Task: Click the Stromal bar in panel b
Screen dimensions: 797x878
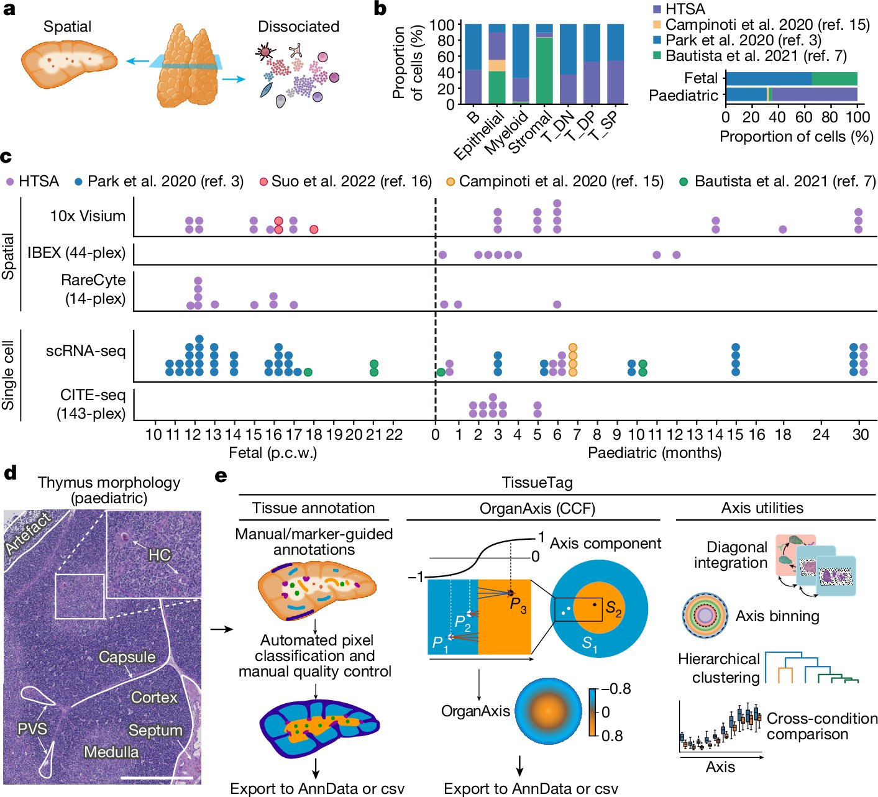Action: click(x=544, y=68)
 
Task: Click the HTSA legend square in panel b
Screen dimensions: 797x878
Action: click(x=657, y=9)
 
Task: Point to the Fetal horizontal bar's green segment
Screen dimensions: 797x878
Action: click(x=834, y=78)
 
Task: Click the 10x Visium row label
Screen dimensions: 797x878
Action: click(x=88, y=216)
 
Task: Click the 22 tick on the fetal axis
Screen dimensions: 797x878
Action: click(x=394, y=434)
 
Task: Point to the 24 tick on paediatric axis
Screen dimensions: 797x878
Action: click(x=821, y=434)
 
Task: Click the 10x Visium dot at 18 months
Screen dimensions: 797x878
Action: click(x=782, y=229)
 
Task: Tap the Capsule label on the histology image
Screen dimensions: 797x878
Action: click(x=127, y=657)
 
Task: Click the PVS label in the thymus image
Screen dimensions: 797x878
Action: click(x=32, y=727)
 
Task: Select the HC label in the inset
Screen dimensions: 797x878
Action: click(x=159, y=554)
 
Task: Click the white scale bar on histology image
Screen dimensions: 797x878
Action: click(x=157, y=777)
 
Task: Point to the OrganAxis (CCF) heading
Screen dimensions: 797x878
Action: click(x=537, y=509)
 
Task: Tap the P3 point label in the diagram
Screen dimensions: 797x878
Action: click(x=518, y=604)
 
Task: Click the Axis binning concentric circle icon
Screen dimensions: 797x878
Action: click(x=705, y=616)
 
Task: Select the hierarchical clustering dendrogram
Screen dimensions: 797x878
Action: click(x=810, y=668)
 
